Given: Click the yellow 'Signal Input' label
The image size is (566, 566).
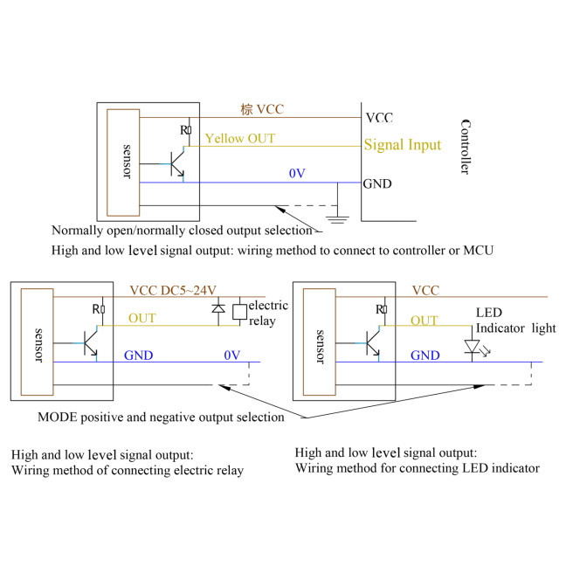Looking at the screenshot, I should tap(402, 145).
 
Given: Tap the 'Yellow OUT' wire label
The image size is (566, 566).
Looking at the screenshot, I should tap(239, 138).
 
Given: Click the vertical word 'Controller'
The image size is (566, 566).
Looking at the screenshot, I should tap(465, 146).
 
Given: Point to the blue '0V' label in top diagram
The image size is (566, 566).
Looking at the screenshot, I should tap(297, 174).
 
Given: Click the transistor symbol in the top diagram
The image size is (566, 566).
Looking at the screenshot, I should tap(177, 162).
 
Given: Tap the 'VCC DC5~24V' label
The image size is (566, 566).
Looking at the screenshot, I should tap(173, 290).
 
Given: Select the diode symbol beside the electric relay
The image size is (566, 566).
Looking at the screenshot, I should tap(219, 309).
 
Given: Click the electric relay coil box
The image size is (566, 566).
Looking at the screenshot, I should tap(240, 310).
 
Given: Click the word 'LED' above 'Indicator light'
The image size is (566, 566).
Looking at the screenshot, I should tap(489, 312).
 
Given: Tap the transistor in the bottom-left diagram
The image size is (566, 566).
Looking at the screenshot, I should tap(90, 342).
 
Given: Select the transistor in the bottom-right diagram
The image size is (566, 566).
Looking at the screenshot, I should tap(373, 342).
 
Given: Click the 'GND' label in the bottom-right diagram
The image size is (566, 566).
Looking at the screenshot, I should tap(425, 355).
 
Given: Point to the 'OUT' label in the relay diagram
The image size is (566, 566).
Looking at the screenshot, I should tap(142, 318).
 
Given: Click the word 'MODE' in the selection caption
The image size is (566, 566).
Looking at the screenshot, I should tap(56, 418).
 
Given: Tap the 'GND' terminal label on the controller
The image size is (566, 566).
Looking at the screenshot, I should tap(377, 183).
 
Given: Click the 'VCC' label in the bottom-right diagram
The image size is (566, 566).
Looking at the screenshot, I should tap(425, 290).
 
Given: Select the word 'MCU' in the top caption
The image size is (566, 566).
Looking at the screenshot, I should tap(479, 251).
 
